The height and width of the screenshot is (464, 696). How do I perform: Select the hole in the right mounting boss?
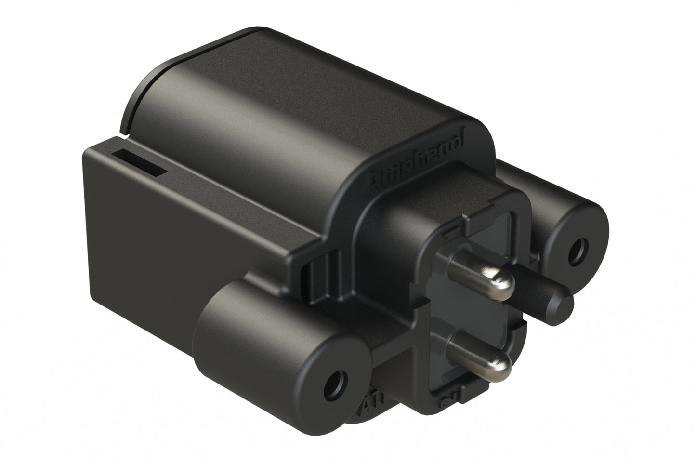pos(577,251)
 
